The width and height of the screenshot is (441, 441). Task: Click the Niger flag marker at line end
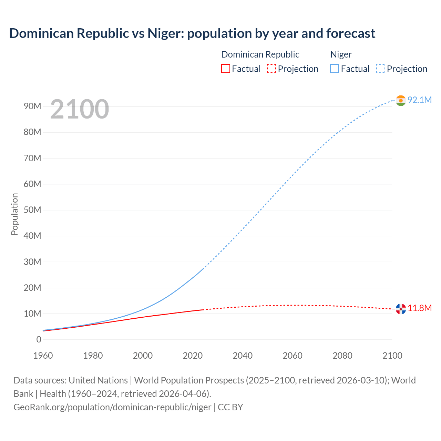point(401,101)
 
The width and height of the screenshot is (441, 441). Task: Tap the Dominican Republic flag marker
point(401,309)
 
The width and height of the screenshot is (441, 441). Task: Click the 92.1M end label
point(419,100)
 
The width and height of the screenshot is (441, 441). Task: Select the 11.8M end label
point(419,308)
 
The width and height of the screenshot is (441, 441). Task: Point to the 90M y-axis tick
point(32,106)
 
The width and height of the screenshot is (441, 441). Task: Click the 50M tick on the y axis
point(32,210)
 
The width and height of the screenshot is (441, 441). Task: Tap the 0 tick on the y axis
point(39,339)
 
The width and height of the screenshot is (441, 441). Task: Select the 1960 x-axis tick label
point(43,356)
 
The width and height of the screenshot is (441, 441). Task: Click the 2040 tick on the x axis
point(243,356)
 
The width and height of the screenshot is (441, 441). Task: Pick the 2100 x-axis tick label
point(392,356)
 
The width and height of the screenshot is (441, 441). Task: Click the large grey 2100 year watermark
point(80,109)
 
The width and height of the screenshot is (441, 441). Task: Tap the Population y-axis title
point(14,214)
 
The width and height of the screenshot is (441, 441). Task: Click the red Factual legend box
point(225,69)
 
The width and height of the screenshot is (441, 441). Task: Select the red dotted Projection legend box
point(271,69)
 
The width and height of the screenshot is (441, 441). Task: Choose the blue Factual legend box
point(335,69)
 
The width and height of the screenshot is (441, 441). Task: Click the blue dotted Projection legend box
point(380,69)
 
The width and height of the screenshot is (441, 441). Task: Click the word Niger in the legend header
point(341,54)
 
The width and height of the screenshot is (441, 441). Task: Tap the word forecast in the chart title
point(351,33)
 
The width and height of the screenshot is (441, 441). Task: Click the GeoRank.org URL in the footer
point(112,407)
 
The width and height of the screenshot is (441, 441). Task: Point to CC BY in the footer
point(230,407)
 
